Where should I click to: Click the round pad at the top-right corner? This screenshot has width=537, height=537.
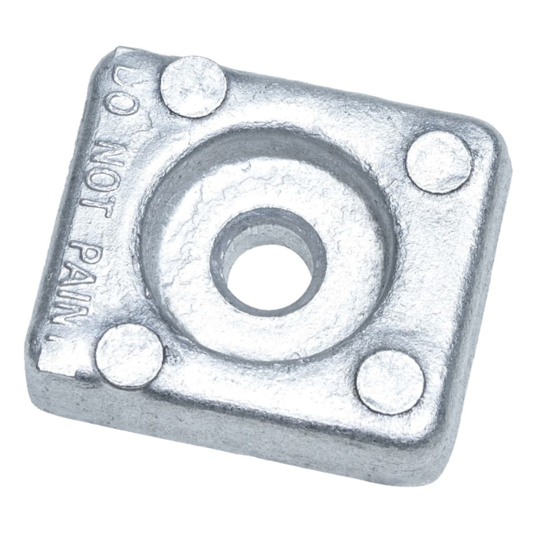[439, 162]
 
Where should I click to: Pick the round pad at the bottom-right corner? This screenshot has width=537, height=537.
[389, 382]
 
